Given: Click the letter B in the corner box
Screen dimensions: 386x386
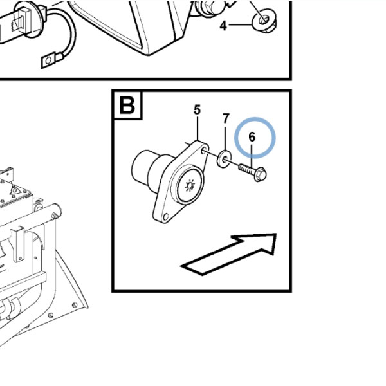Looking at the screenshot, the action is coord(127,105).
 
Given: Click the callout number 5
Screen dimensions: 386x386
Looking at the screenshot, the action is coord(198,109).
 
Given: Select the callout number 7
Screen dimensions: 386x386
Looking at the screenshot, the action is coord(226,118).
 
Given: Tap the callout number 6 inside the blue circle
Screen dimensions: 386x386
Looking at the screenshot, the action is coord(252,137).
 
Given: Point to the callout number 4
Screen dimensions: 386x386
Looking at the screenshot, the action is coord(223,26).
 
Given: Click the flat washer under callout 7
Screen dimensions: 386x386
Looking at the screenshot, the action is coord(224,159).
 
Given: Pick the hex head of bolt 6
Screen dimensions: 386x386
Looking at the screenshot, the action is coord(260,174).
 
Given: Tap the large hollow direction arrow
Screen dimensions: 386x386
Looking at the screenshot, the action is coord(229,254).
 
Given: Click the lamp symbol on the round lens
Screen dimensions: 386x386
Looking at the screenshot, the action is coord(190,185).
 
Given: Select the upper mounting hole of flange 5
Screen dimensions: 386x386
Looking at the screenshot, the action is coord(204,151).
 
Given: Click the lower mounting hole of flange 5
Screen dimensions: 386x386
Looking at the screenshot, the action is coord(166,217).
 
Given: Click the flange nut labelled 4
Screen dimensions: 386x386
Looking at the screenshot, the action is coord(264,21).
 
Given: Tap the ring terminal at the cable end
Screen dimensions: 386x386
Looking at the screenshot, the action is coord(48,60).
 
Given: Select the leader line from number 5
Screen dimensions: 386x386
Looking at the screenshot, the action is coord(198,128).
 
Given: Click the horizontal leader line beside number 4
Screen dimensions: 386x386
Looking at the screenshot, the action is coord(241,24).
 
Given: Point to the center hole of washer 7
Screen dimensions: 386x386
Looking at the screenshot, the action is coord(225,160).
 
